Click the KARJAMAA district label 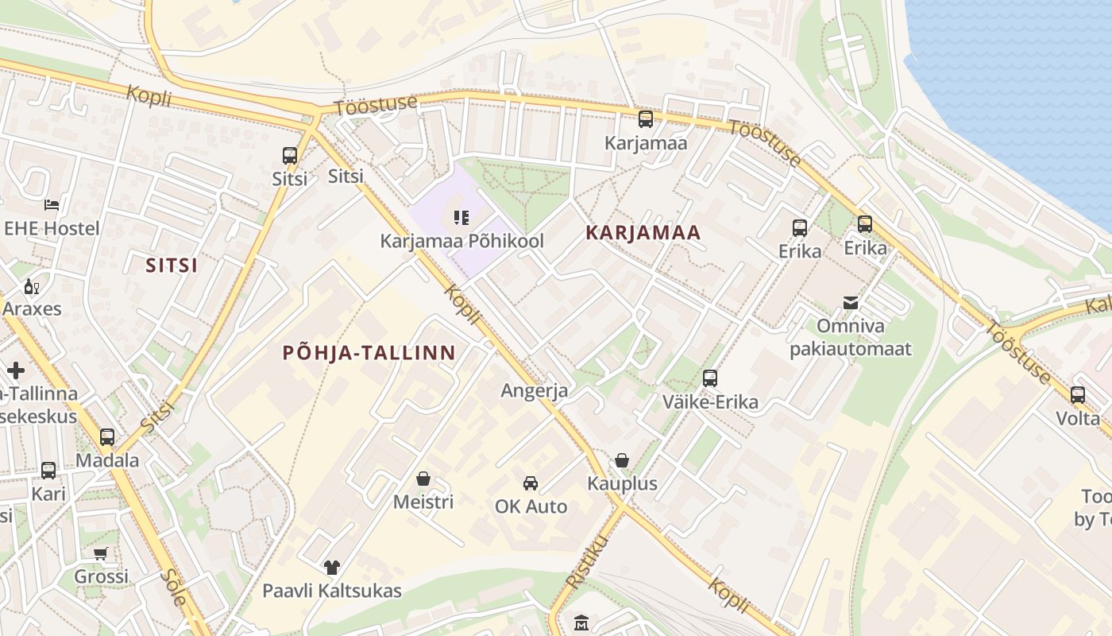pyautogui.click(x=643, y=233)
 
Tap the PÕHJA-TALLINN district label pyautogui.click(x=369, y=353)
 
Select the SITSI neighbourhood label pyautogui.click(x=172, y=266)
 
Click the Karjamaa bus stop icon pyautogui.click(x=646, y=120)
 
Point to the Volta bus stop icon pyautogui.click(x=1078, y=394)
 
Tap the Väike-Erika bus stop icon pyautogui.click(x=710, y=378)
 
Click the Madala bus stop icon pyautogui.click(x=107, y=436)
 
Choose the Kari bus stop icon pyautogui.click(x=48, y=470)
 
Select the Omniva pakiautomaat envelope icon pyautogui.click(x=851, y=303)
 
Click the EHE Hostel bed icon pyautogui.click(x=52, y=205)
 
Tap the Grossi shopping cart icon pyautogui.click(x=101, y=553)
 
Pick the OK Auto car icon pyautogui.click(x=531, y=483)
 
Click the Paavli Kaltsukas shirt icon pyautogui.click(x=332, y=568)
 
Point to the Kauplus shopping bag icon pyautogui.click(x=622, y=460)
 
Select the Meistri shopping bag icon pyautogui.click(x=423, y=479)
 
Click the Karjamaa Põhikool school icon pyautogui.click(x=461, y=217)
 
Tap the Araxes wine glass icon pyautogui.click(x=32, y=286)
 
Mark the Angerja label pyautogui.click(x=535, y=390)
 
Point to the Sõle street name pyautogui.click(x=173, y=588)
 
